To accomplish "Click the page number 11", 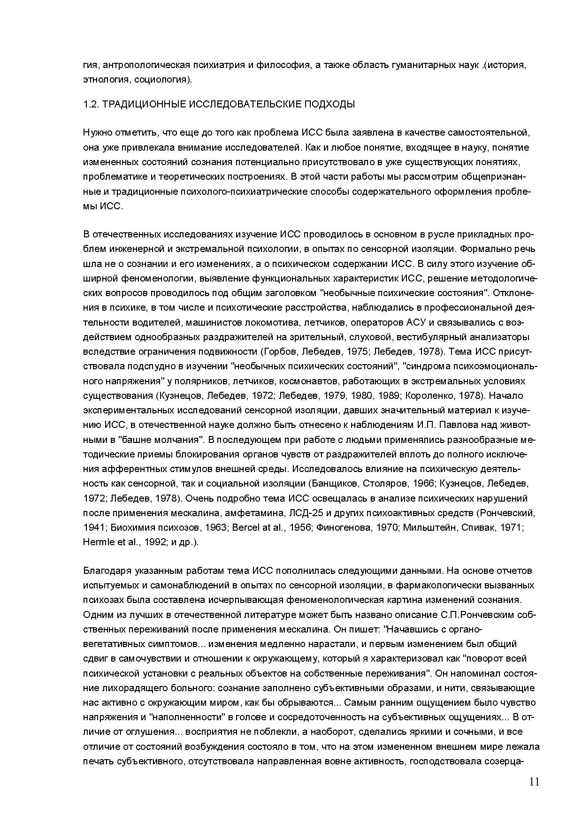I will coord(534,782).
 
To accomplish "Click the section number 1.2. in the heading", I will coord(91,104).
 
